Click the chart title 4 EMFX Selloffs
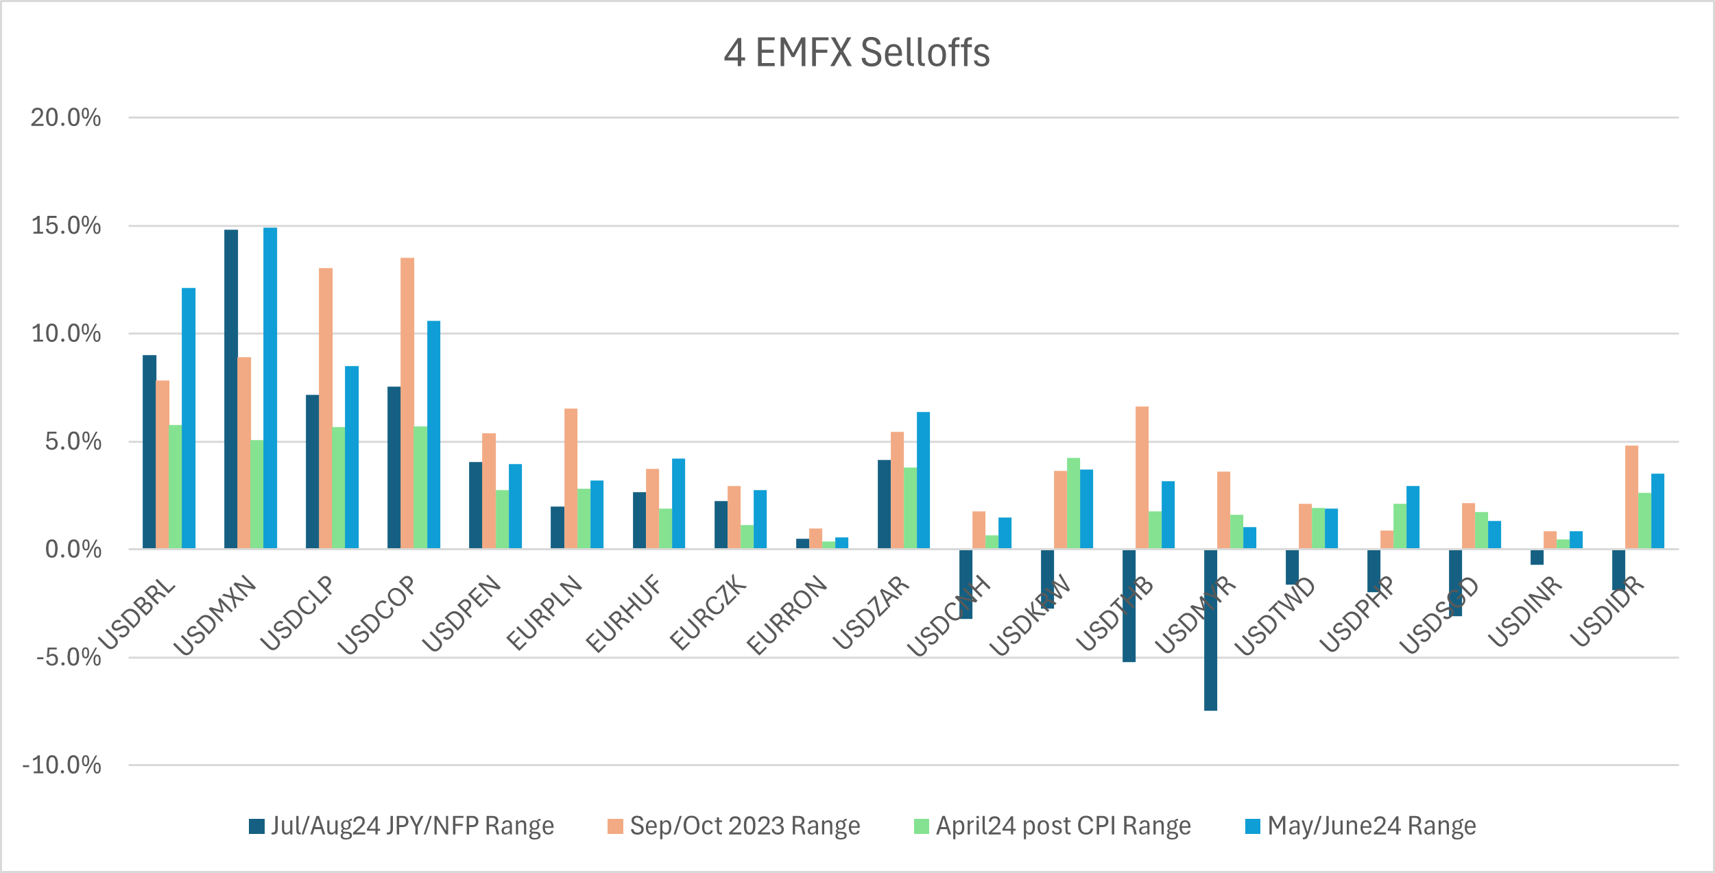tap(856, 52)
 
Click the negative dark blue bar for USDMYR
tap(1210, 630)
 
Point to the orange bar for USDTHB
tap(1142, 478)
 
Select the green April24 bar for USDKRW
tap(1073, 503)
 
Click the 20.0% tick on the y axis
tap(66, 118)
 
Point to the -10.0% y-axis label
tap(62, 765)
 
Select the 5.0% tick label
tap(73, 441)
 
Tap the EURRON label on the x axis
tap(787, 615)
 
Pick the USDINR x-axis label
tap(1525, 612)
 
